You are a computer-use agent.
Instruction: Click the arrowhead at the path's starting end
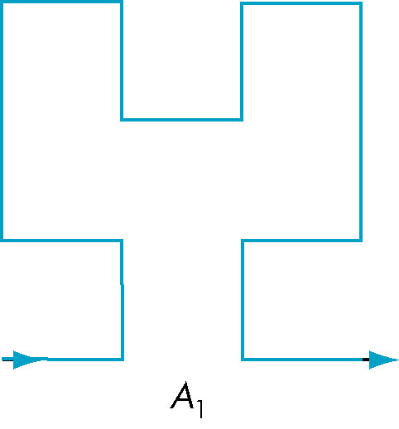pos(27,360)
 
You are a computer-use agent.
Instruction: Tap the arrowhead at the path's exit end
pos(383,360)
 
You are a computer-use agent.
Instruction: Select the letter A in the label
pos(183,395)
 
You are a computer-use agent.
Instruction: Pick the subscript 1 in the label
pos(200,409)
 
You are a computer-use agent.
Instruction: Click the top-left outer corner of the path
pos(2,2)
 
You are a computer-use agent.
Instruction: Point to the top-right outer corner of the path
pos(361,3)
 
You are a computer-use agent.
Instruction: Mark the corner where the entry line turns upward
pos(123,360)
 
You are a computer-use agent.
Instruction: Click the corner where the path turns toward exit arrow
pos(243,360)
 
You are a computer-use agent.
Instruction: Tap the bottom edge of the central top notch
pos(181,120)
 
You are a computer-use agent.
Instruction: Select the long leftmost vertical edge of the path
pos(2,122)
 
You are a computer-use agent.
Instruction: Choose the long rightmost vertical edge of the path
pos(361,122)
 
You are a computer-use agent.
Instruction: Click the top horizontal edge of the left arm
pos(61,2)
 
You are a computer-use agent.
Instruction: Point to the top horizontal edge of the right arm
pos(301,3)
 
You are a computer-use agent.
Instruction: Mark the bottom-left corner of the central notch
pos(122,120)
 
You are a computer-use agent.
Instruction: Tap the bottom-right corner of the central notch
pos(242,120)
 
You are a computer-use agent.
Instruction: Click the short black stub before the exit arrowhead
pos(366,360)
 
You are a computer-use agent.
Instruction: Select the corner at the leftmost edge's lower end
pos(2,241)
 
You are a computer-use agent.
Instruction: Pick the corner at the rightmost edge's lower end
pos(361,241)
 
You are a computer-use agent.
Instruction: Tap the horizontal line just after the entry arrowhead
pos(84,360)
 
